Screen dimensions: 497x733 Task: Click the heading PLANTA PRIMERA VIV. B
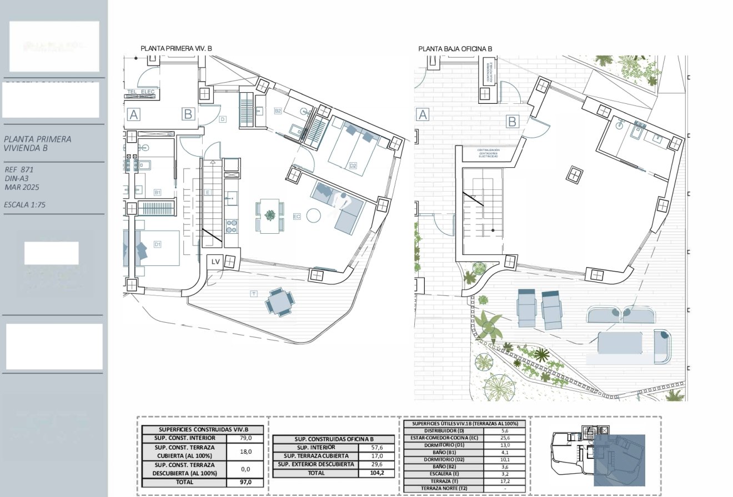[176, 49]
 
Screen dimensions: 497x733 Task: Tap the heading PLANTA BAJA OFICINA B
[455, 49]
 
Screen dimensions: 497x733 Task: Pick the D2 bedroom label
[353, 165]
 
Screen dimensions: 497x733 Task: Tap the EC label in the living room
[297, 217]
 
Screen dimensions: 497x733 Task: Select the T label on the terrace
[254, 293]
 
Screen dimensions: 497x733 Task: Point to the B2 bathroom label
[278, 111]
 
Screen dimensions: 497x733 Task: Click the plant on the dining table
[270, 215]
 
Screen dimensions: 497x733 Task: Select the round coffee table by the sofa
[314, 215]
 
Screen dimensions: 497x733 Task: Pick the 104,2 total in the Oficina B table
[377, 473]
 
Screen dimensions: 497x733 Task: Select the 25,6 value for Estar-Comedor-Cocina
[505, 438]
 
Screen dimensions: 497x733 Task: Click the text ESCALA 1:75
[24, 205]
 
